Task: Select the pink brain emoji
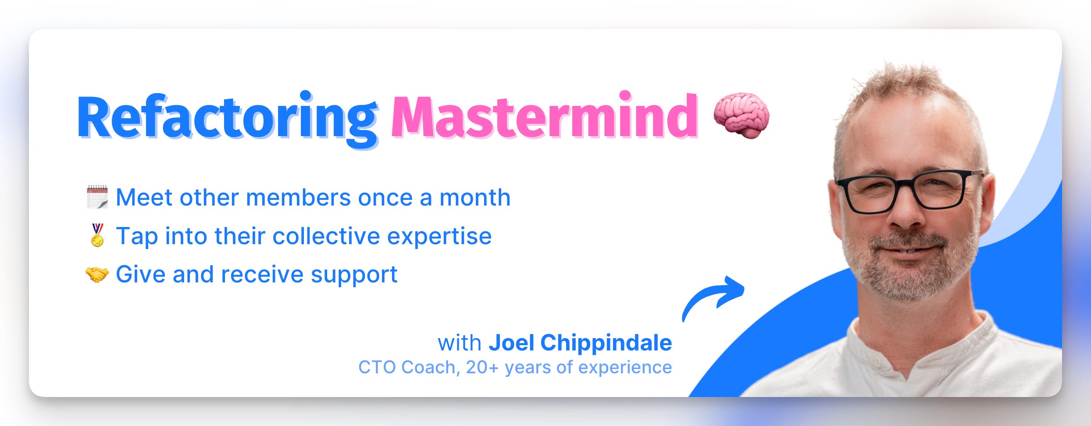(x=742, y=115)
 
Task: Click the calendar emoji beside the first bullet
(x=97, y=197)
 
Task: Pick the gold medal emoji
(x=97, y=235)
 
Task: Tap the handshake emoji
(x=97, y=275)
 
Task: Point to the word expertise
(x=439, y=237)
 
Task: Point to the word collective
(x=326, y=236)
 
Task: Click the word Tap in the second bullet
(x=137, y=237)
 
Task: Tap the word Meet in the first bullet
(x=144, y=198)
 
